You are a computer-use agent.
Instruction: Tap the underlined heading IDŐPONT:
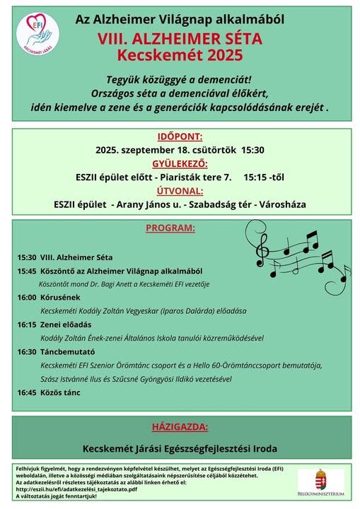click(x=180, y=136)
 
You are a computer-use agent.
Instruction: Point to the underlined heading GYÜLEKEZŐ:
click(x=180, y=163)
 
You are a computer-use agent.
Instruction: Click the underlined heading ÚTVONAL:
click(x=180, y=190)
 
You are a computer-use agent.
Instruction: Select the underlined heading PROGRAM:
click(x=170, y=228)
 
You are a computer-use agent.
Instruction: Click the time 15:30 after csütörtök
click(x=253, y=150)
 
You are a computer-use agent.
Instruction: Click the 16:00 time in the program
click(x=27, y=298)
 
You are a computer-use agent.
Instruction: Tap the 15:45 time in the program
click(x=27, y=271)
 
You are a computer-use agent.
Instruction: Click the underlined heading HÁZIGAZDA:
click(x=180, y=427)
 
